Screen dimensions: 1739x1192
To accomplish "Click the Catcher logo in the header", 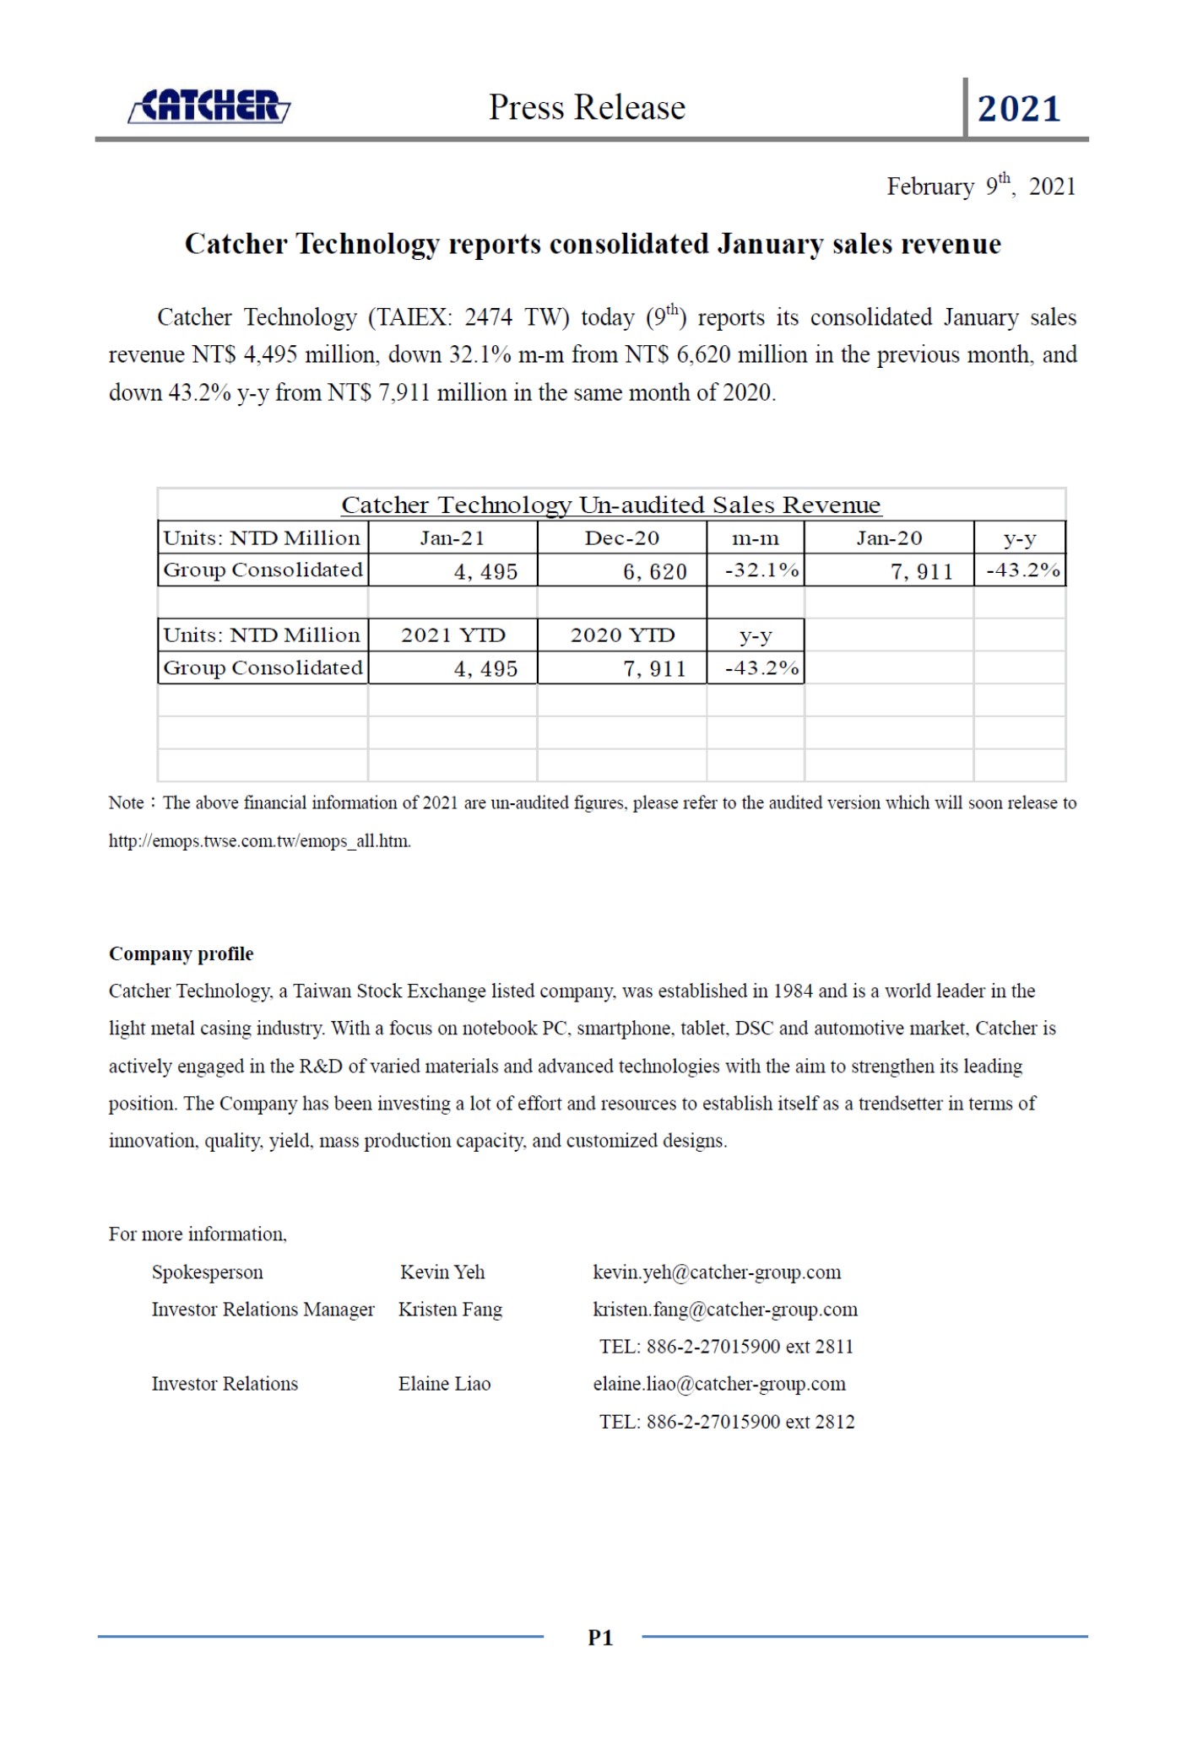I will (209, 107).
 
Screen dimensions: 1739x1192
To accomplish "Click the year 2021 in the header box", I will (1018, 109).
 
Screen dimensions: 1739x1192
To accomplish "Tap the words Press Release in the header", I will (587, 108).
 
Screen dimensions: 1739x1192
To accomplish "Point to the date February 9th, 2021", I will (980, 186).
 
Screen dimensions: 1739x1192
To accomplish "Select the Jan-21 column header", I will (452, 537).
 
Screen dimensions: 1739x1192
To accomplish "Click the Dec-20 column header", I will (621, 537).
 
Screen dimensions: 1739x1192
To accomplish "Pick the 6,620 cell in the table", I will (654, 571).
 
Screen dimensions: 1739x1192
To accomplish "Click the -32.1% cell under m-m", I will (761, 570).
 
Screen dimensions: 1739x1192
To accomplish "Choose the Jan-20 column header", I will (888, 537).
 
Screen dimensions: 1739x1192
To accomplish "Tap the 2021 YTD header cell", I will (452, 635).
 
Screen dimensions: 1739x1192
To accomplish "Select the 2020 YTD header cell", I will (622, 635).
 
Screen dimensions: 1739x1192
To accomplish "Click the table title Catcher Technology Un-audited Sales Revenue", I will (610, 505).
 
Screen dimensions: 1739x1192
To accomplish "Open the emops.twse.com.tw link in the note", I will (259, 840).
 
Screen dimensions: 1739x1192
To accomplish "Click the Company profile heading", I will (181, 953).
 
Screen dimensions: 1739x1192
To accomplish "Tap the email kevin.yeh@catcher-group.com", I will (717, 1272).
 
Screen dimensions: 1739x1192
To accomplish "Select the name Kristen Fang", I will (450, 1309).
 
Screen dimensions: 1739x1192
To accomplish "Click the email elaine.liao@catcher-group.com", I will (719, 1383).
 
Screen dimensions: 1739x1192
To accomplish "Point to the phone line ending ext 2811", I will (726, 1346).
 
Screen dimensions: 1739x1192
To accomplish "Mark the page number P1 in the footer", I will (599, 1637).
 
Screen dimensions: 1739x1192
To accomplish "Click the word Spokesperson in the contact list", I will (207, 1272).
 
